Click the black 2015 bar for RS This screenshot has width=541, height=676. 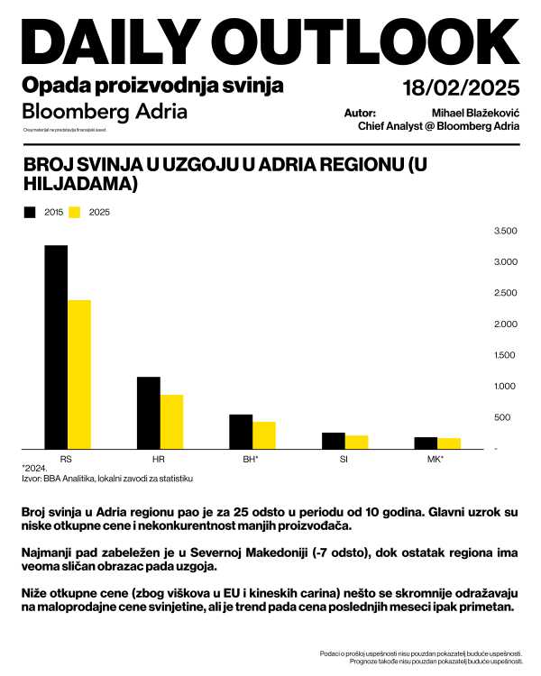point(56,347)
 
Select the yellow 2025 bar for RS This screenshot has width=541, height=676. point(79,374)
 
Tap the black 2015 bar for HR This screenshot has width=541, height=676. point(149,413)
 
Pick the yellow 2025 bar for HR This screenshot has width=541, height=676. point(171,422)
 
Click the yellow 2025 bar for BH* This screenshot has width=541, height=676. point(264,435)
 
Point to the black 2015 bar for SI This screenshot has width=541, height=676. point(334,441)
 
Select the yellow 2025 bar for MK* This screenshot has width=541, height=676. point(449,443)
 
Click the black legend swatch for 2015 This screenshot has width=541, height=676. point(30,213)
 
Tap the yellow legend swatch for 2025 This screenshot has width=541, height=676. point(76,213)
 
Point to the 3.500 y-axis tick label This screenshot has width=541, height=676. point(506,232)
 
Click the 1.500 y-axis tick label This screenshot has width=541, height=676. point(506,355)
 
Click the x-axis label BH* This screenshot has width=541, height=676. point(252,459)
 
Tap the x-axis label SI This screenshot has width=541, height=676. point(344,459)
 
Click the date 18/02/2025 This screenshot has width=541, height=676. point(461,88)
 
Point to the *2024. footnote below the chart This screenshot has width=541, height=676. point(34,469)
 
